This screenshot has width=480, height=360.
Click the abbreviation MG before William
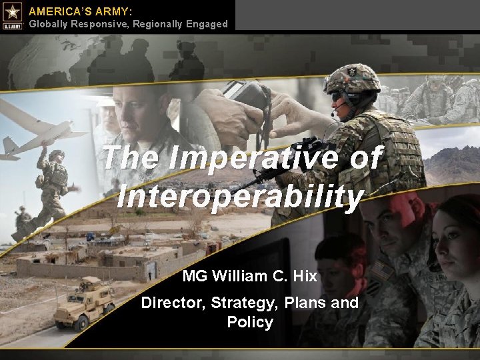click(194, 275)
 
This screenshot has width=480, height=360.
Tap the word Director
click(173, 303)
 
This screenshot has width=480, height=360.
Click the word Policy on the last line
click(250, 322)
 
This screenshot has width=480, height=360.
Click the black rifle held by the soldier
click(280, 163)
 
